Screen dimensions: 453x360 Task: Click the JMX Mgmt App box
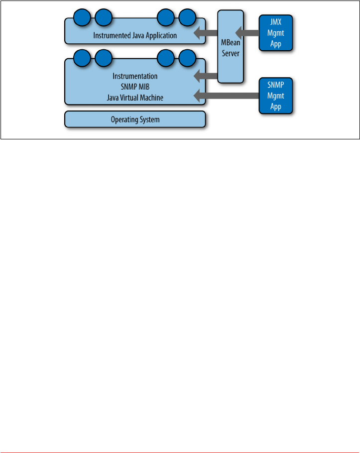click(275, 32)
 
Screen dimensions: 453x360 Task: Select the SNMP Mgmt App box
click(275, 95)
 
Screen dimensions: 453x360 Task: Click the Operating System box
click(135, 120)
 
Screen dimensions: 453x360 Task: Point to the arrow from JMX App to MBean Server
click(247, 33)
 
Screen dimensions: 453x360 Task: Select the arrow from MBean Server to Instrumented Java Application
click(205, 34)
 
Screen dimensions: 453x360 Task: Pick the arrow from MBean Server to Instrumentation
click(205, 76)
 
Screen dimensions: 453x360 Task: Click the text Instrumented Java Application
click(135, 36)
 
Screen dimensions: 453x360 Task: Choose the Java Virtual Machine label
click(135, 98)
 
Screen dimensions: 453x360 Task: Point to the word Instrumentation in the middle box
click(135, 77)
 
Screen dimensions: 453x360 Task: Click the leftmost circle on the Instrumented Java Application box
click(82, 18)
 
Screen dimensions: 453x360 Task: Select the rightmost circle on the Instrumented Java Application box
click(187, 18)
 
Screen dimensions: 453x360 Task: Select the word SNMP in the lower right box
click(275, 85)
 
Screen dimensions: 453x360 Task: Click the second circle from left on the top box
click(103, 18)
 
